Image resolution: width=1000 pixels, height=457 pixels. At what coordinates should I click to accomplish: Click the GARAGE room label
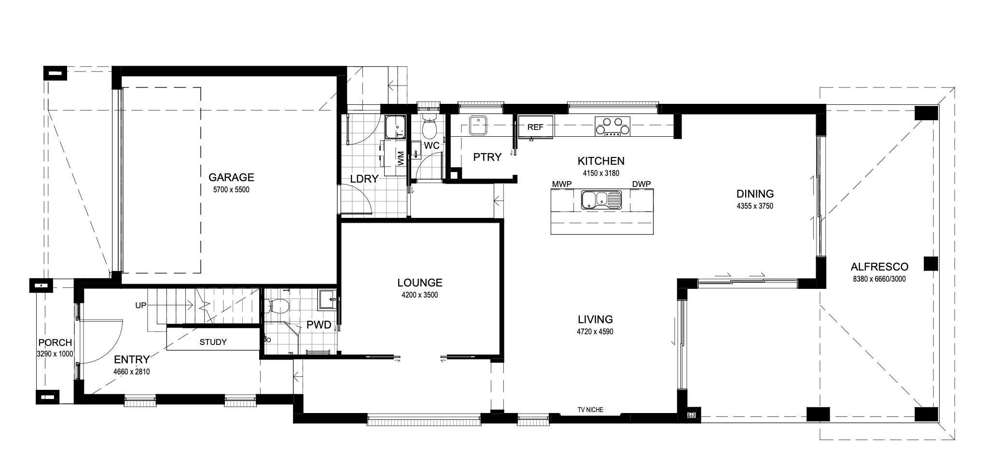[x=231, y=177]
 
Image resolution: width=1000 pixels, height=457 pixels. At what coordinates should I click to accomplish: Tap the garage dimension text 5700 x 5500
[x=231, y=190]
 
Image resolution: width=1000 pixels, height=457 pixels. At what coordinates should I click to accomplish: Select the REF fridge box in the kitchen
[x=535, y=128]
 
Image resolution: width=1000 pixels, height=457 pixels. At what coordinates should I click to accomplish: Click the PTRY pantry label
[x=487, y=157]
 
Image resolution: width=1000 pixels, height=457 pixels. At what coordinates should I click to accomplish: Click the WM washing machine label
[x=401, y=158]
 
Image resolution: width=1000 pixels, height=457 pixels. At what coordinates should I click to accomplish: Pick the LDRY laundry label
[x=364, y=179]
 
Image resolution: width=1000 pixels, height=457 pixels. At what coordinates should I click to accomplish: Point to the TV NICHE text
[x=590, y=410]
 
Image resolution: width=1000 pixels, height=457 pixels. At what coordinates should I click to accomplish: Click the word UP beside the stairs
[x=141, y=306]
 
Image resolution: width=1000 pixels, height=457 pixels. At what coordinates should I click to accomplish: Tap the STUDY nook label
[x=213, y=342]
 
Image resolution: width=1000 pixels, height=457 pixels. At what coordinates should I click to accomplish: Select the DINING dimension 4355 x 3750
[x=755, y=206]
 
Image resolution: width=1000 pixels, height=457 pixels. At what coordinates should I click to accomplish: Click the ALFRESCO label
[x=879, y=267]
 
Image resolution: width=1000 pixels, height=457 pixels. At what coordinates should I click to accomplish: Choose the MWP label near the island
[x=562, y=184]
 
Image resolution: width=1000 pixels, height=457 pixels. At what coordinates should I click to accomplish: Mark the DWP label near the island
[x=641, y=184]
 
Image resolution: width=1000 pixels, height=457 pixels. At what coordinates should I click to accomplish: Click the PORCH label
[x=55, y=343]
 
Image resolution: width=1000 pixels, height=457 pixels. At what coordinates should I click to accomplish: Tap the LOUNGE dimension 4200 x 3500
[x=419, y=295]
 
